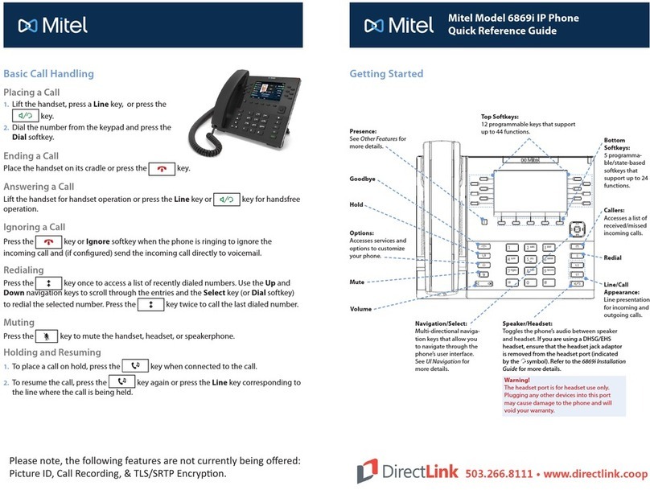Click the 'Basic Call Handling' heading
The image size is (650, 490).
[49, 73]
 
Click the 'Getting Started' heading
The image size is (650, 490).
[385, 73]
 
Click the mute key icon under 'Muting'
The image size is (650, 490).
[46, 336]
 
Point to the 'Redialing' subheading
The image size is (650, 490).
[27, 270]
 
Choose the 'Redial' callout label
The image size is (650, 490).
[612, 257]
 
